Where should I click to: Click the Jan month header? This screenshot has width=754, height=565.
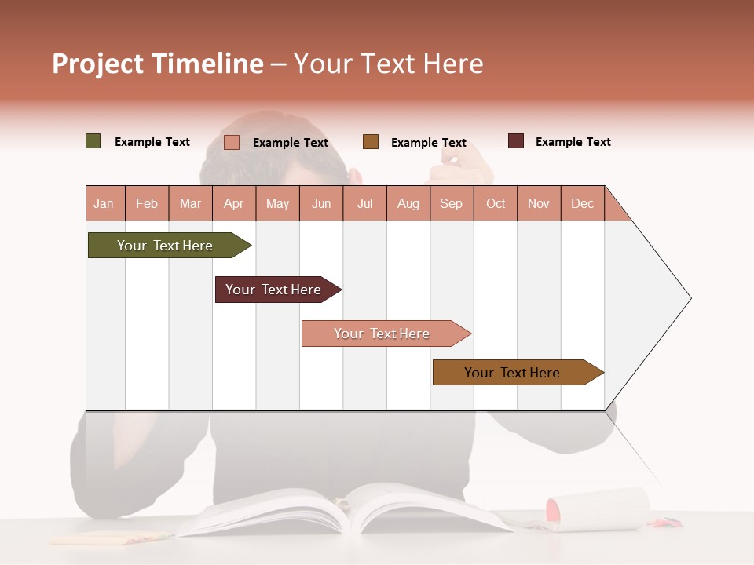[104, 203]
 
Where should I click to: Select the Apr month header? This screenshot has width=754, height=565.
[234, 203]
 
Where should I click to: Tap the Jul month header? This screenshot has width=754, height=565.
[364, 203]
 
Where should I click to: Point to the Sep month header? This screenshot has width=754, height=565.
[451, 203]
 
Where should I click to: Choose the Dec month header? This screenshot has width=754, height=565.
[582, 203]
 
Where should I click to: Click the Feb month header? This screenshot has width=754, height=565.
[147, 203]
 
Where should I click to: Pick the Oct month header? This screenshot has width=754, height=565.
[496, 203]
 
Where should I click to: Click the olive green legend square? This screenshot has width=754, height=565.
[93, 141]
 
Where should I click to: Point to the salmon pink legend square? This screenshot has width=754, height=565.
[232, 142]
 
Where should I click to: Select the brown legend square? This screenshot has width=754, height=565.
[371, 142]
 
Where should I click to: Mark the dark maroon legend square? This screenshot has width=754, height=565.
[516, 141]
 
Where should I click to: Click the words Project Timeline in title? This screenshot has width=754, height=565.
[158, 64]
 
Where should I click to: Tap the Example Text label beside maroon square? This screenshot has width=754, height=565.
[573, 142]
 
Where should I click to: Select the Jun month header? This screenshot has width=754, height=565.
[321, 203]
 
